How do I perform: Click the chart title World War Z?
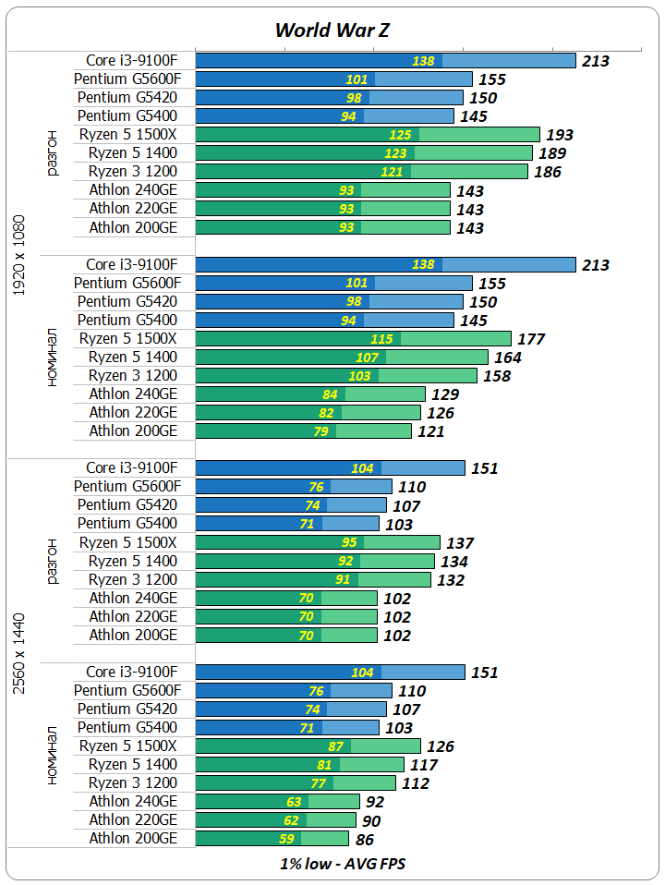coord(332,30)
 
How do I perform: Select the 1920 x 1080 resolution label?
coord(20,256)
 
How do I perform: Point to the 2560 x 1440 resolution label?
coord(20,652)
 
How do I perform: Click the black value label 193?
coord(561,135)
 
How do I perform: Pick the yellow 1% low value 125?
coord(400,135)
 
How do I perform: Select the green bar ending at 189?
coord(364,153)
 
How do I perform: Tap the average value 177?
coord(531,339)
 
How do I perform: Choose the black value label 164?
coord(508,358)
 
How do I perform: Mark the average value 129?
coord(445,394)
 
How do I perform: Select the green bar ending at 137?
coord(318,542)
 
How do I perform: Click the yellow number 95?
coord(348,542)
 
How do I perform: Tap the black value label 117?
coord(425,765)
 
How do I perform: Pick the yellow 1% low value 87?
coord(336,746)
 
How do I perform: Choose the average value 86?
coord(366,840)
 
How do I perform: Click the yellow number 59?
coord(287,840)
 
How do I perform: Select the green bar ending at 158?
coord(336,376)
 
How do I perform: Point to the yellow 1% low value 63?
coord(295,802)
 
